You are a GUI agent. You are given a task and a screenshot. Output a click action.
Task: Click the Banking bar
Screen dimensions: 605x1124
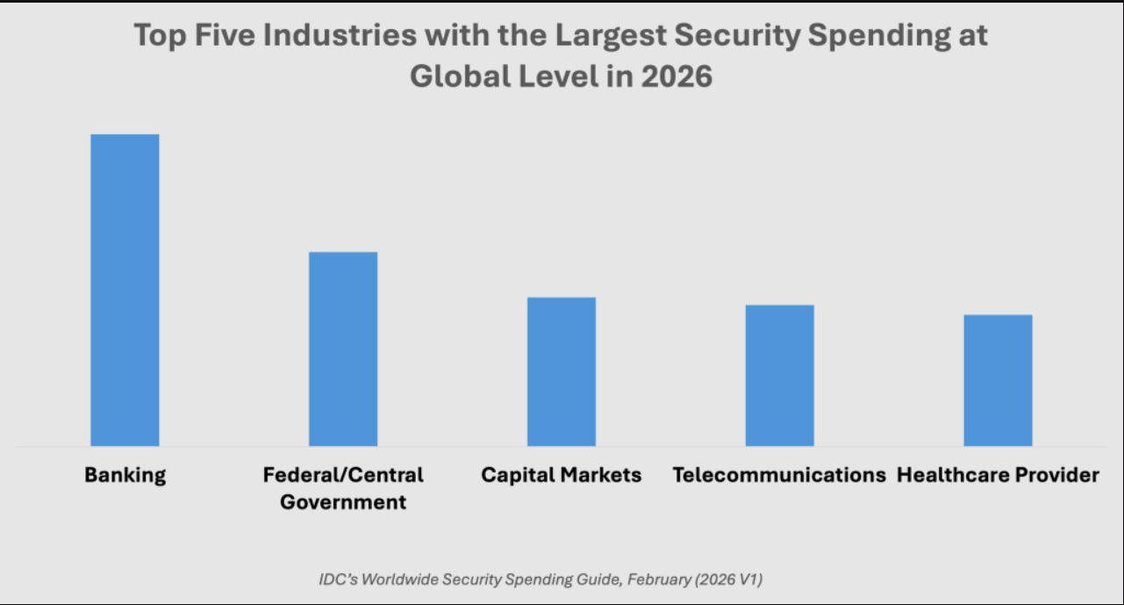[125, 290]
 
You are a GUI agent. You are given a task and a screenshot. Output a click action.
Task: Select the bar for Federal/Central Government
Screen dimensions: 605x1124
[343, 349]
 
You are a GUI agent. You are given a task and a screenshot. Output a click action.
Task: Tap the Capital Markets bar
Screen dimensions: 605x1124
[562, 371]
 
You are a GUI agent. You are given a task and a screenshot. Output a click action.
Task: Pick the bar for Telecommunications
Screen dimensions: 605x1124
[780, 375]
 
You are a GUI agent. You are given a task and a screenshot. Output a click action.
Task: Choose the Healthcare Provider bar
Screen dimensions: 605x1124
[998, 380]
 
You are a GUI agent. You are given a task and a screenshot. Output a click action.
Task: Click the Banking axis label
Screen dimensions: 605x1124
[125, 475]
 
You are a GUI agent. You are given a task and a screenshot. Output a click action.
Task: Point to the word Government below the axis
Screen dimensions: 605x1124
[343, 503]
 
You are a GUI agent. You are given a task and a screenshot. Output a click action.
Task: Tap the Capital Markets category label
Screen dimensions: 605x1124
[562, 475]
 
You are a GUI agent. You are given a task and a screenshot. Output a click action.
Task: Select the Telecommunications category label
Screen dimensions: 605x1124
[779, 475]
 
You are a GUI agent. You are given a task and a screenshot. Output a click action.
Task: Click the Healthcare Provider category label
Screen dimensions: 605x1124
[998, 475]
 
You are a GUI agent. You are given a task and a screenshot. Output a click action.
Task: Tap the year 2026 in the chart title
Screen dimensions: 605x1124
[676, 76]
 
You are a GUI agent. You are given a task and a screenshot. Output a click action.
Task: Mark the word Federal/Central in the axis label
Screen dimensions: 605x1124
[343, 475]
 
